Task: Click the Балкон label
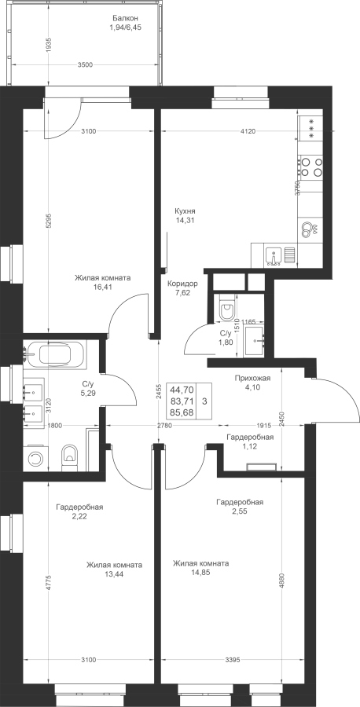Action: [125, 19]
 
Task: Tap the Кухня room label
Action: [185, 211]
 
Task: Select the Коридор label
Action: [182, 284]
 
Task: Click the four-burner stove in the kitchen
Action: [310, 166]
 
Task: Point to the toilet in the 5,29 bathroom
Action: [69, 456]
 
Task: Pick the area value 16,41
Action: [103, 286]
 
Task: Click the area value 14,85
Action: [200, 572]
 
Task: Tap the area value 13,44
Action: [115, 573]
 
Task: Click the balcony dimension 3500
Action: [85, 64]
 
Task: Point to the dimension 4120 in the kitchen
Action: [248, 131]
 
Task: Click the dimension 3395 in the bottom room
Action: [232, 660]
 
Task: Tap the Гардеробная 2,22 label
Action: [80, 511]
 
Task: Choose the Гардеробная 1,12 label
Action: [250, 441]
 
